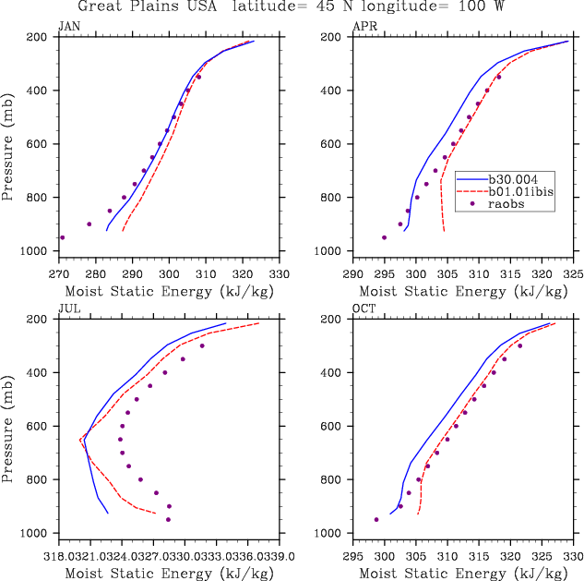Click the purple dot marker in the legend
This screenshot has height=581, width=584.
tap(473, 203)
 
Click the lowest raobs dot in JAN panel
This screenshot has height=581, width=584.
tap(62, 237)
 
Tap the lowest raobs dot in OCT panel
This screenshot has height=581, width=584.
tap(376, 519)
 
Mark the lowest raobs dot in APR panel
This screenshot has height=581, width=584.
tap(385, 237)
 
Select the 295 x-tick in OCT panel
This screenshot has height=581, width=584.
tap(353, 556)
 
